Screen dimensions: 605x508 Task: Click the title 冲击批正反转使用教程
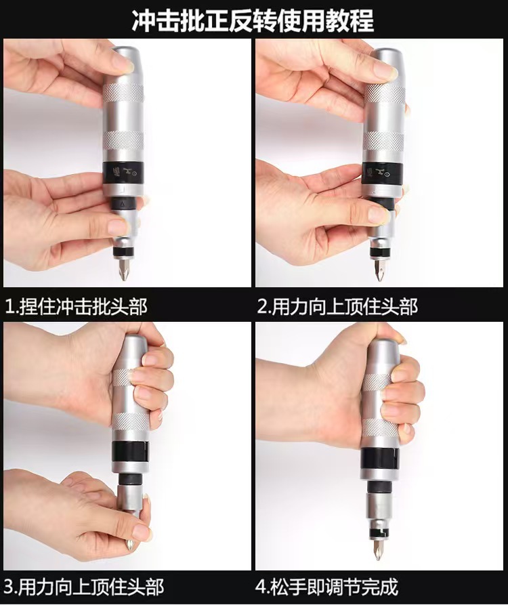click(253, 19)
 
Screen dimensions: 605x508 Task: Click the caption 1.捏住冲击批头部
click(76, 307)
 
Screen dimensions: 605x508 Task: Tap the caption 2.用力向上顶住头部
click(337, 307)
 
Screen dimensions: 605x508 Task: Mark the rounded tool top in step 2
click(383, 58)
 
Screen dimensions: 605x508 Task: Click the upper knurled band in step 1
click(123, 92)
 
